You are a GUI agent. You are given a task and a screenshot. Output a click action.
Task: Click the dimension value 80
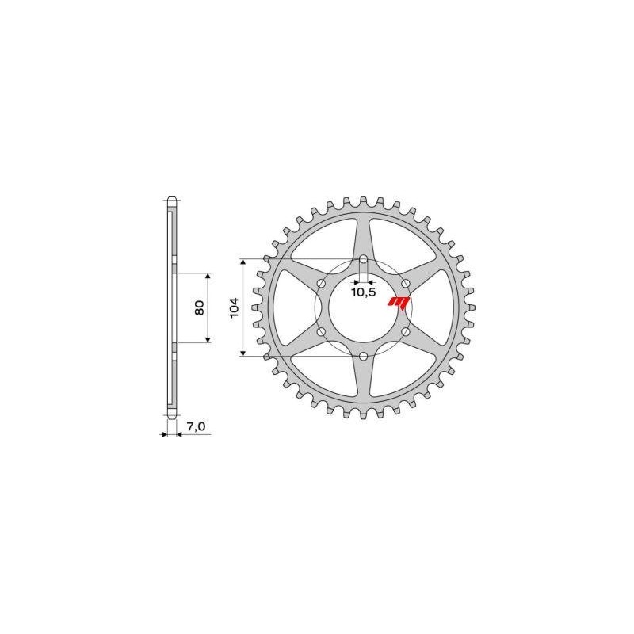[201, 307]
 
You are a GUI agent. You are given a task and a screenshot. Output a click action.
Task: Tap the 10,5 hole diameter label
[363, 292]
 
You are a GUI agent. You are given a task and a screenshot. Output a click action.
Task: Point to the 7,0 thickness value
[196, 427]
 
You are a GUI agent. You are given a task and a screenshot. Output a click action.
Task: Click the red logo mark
[399, 301]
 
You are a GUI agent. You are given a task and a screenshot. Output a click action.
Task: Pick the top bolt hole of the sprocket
[363, 259]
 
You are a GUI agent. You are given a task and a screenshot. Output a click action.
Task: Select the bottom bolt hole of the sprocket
[363, 357]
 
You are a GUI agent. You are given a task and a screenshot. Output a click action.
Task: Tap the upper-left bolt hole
[320, 284]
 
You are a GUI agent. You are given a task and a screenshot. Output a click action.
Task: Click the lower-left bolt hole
[320, 333]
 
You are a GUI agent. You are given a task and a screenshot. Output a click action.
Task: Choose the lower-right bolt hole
[406, 333]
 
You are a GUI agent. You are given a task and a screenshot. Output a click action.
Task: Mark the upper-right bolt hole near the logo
[406, 284]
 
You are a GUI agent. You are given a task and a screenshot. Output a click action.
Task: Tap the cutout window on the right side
[444, 307]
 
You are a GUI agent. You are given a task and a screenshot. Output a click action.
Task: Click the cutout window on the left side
[282, 307]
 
